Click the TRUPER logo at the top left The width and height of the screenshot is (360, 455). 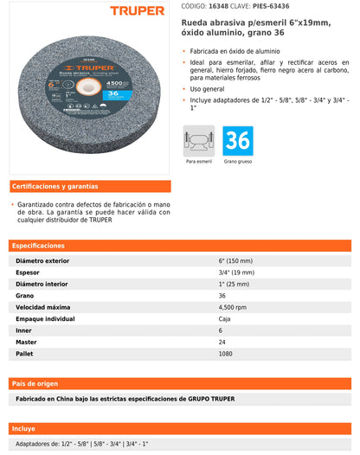tap(136, 11)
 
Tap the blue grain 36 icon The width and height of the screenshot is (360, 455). tap(238, 139)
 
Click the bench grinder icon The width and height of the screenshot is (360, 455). tap(198, 139)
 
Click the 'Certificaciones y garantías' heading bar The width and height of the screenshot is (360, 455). tap(90, 186)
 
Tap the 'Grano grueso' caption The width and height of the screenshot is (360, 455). tap(238, 162)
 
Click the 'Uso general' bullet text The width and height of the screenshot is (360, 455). tap(209, 88)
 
